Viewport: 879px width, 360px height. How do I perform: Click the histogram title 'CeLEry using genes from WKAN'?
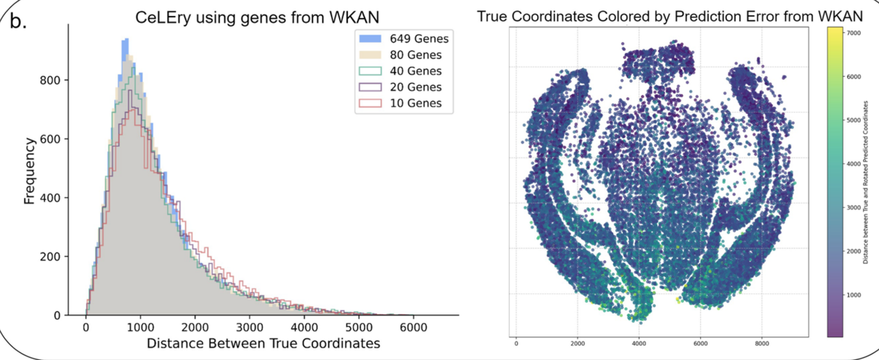coord(257,17)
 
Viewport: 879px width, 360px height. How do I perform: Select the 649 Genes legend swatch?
coord(370,39)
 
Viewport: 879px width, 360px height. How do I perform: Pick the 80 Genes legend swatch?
coord(370,55)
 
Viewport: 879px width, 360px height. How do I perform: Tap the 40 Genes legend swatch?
coord(370,71)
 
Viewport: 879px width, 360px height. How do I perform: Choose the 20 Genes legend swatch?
coord(370,87)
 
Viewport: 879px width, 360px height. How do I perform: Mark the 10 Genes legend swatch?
coord(370,103)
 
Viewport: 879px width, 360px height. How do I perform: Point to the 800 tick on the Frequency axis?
coord(50,80)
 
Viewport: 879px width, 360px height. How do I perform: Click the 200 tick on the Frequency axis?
coord(50,257)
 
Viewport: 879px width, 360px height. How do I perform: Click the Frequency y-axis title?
coord(29,171)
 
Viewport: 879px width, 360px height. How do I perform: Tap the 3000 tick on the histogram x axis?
coord(249,327)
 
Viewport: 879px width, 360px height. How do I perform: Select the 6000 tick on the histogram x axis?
coord(413,327)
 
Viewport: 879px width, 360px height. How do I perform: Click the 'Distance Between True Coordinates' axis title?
coord(263,343)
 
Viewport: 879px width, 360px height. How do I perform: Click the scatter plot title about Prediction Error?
coord(670,16)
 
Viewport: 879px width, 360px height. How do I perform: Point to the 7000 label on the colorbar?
coord(854,33)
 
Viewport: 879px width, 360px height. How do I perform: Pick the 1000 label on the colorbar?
coord(854,295)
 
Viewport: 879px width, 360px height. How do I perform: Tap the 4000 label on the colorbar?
coord(854,164)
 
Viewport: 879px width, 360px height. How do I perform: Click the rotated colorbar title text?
coord(865,182)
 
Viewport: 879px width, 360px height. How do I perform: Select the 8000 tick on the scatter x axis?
coord(762,344)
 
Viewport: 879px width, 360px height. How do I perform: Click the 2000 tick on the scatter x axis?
coord(578,344)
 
